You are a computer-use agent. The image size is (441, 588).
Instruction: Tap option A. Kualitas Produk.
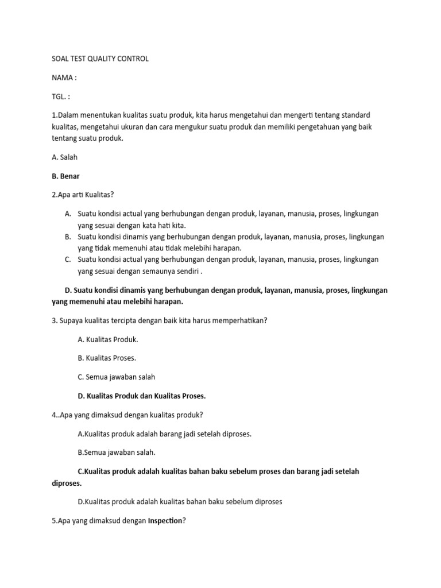click(108, 339)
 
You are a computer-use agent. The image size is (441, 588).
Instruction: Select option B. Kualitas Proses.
click(107, 358)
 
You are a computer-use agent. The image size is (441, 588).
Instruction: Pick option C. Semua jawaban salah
click(117, 377)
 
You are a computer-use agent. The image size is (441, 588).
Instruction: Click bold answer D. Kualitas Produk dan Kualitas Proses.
click(141, 396)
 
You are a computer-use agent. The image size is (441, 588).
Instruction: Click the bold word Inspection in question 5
click(165, 521)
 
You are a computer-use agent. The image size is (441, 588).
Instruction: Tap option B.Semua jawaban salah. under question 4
click(117, 452)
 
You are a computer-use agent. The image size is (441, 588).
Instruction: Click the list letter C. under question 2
click(68, 260)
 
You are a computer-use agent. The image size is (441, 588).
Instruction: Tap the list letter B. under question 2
click(68, 237)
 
